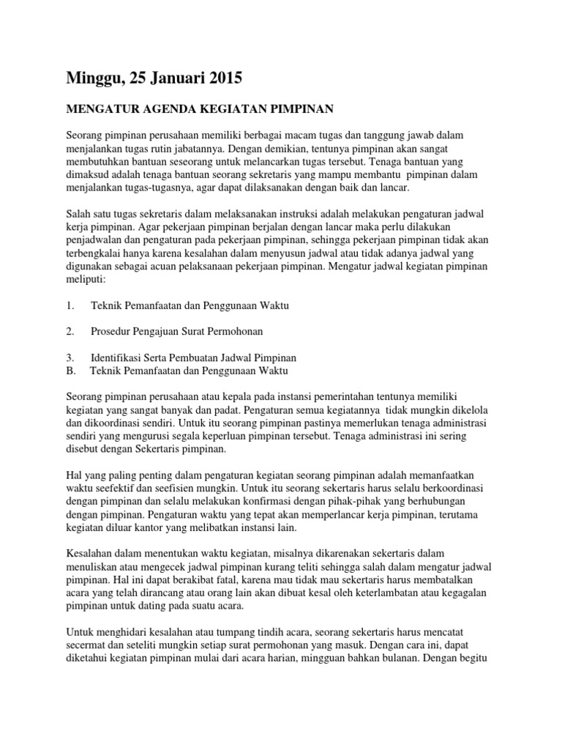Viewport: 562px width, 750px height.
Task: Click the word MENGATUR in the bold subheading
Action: tap(97, 109)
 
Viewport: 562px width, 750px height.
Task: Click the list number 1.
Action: tap(70, 305)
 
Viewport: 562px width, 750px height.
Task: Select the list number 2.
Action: tap(70, 331)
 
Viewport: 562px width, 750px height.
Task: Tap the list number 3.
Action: tap(70, 357)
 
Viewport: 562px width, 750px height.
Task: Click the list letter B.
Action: tap(70, 371)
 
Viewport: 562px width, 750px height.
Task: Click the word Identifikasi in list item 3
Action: tap(116, 357)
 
